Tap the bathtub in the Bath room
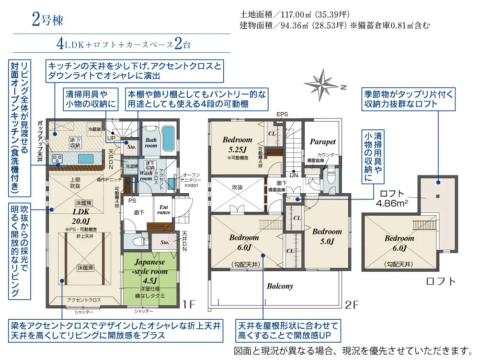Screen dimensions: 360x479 tap(167, 139)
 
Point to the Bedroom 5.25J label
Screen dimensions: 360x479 tap(237, 144)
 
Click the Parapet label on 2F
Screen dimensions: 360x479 tap(322, 142)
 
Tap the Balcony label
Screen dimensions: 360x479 tap(280, 286)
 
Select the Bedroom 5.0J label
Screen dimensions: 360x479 tap(327, 236)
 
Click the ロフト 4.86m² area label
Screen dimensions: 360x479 tap(393, 198)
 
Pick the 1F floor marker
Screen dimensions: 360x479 tap(189, 303)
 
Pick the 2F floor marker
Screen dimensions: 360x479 tap(352, 304)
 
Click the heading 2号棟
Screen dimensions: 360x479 tap(47, 21)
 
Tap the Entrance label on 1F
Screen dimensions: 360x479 tap(163, 209)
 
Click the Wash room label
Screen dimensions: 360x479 tap(146, 175)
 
